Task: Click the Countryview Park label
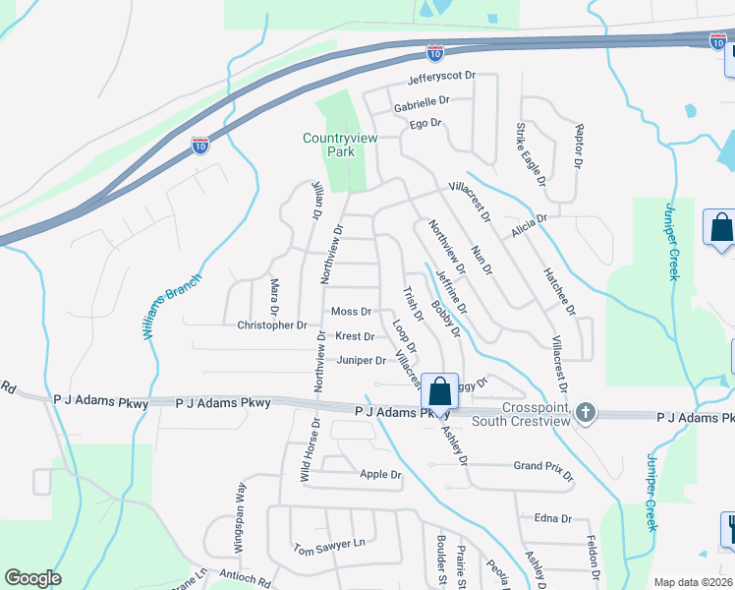pyautogui.click(x=340, y=146)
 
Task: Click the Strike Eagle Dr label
pyautogui.click(x=531, y=154)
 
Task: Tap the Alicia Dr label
pyautogui.click(x=527, y=225)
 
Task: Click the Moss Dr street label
pyautogui.click(x=351, y=312)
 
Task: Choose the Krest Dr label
pyautogui.click(x=354, y=336)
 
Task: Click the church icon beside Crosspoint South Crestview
pyautogui.click(x=586, y=412)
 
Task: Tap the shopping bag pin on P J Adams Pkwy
pyautogui.click(x=440, y=391)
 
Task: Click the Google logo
pyautogui.click(x=32, y=578)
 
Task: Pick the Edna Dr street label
pyautogui.click(x=553, y=518)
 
